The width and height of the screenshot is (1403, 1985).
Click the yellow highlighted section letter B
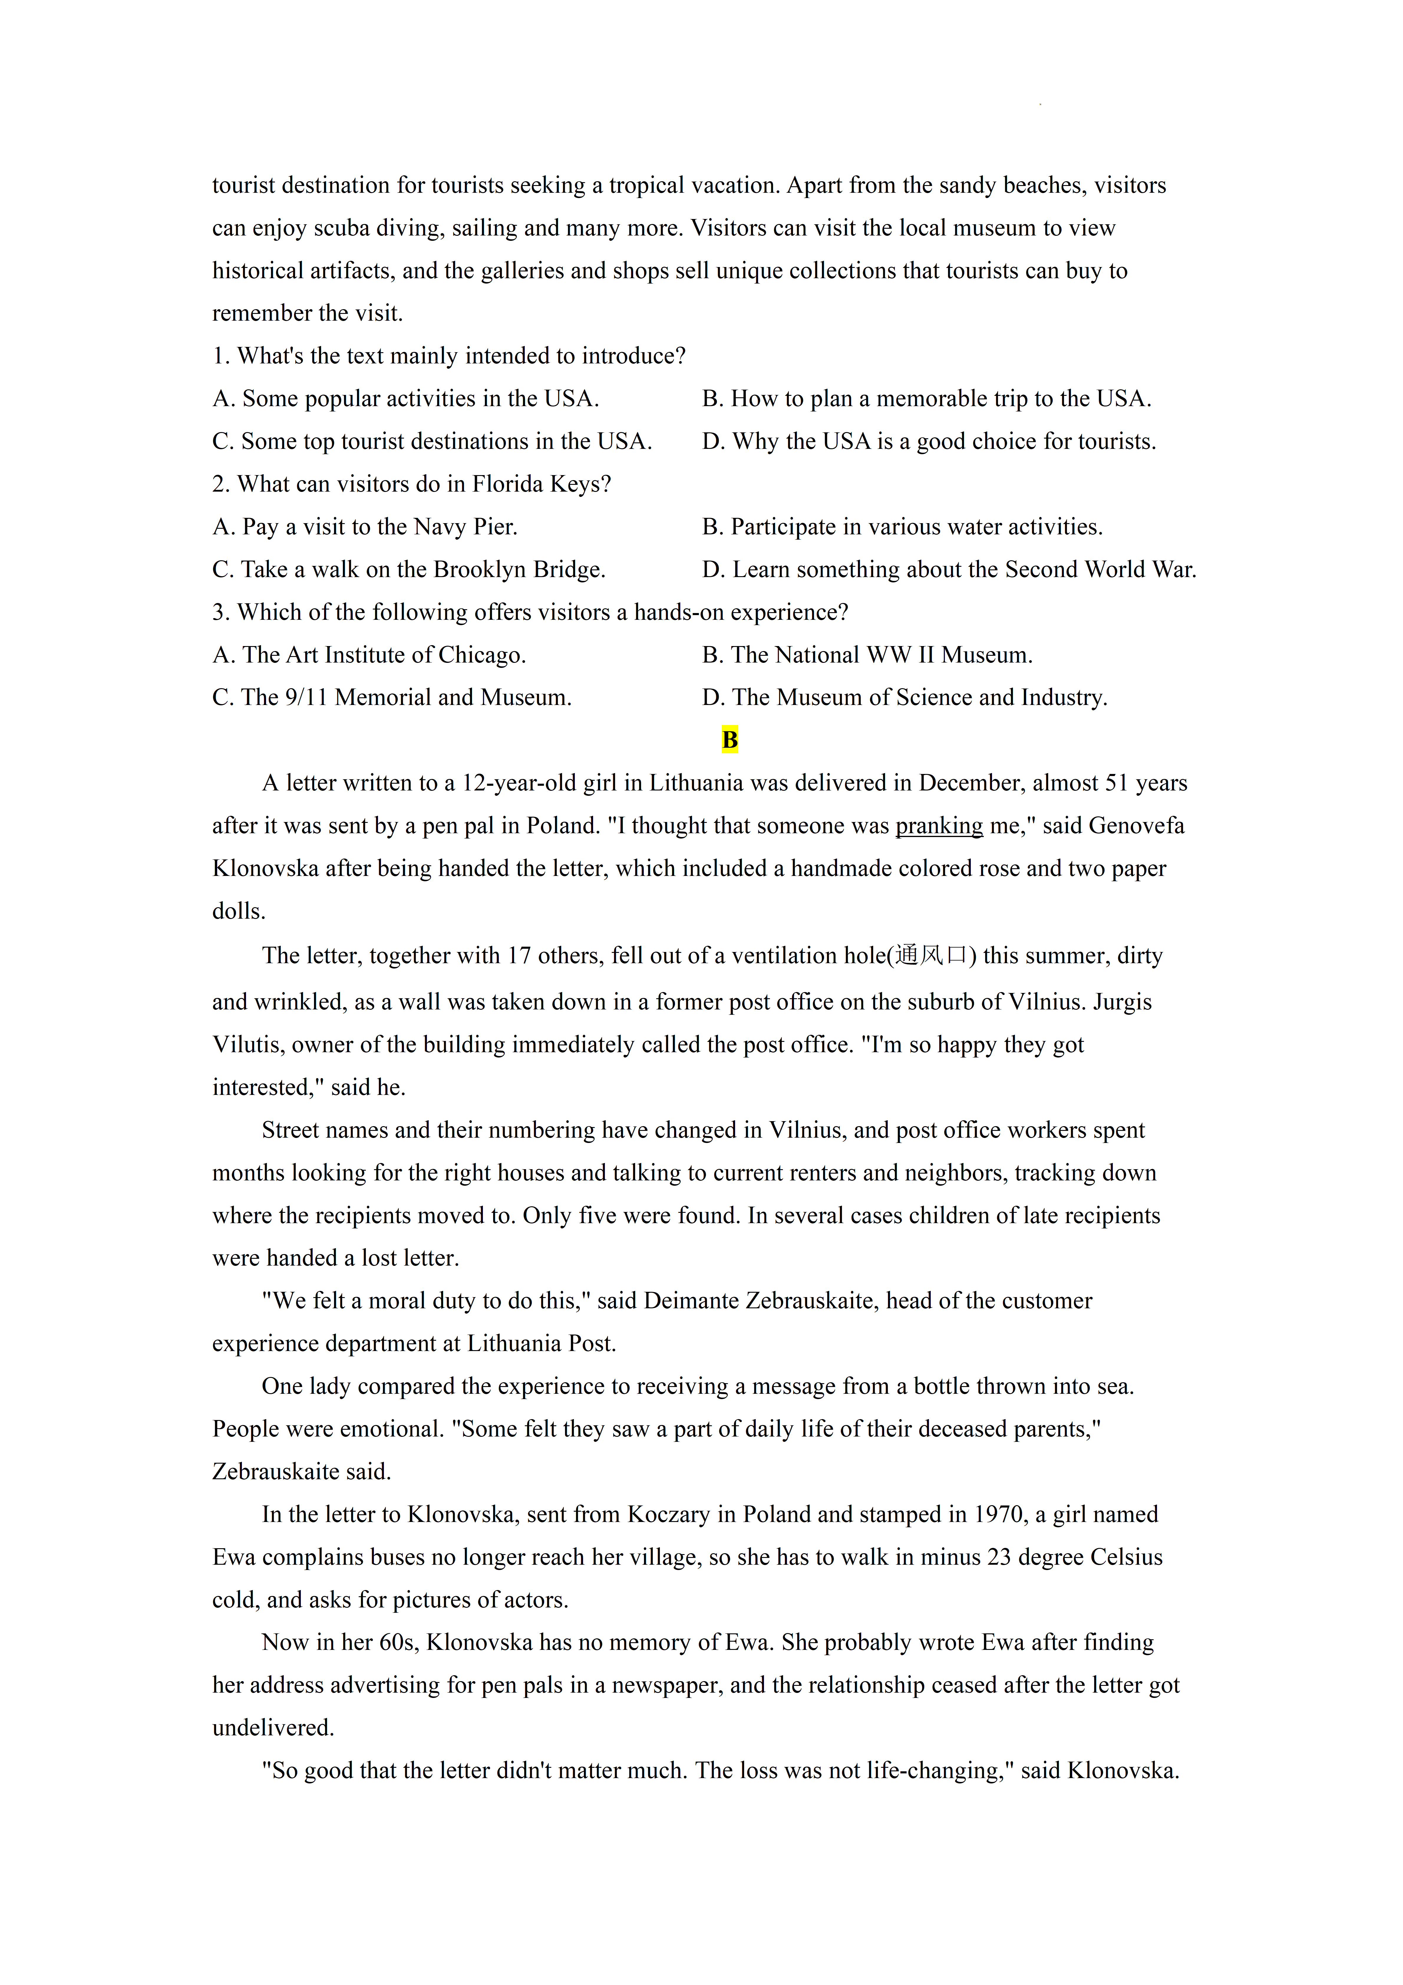pyautogui.click(x=729, y=740)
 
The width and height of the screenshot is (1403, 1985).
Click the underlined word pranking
pyautogui.click(x=939, y=826)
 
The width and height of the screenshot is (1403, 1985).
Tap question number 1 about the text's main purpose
pyautogui.click(x=449, y=356)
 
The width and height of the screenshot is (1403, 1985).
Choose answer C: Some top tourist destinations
pyautogui.click(x=432, y=442)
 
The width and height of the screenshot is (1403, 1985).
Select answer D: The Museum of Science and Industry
pyautogui.click(x=904, y=698)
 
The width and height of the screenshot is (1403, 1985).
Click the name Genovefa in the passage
pyautogui.click(x=1136, y=826)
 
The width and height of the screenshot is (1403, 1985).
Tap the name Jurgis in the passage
pyautogui.click(x=1122, y=1002)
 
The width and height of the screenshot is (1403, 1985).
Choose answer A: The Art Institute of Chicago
pyautogui.click(x=369, y=655)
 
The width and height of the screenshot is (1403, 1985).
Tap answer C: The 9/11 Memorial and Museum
pyautogui.click(x=392, y=698)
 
